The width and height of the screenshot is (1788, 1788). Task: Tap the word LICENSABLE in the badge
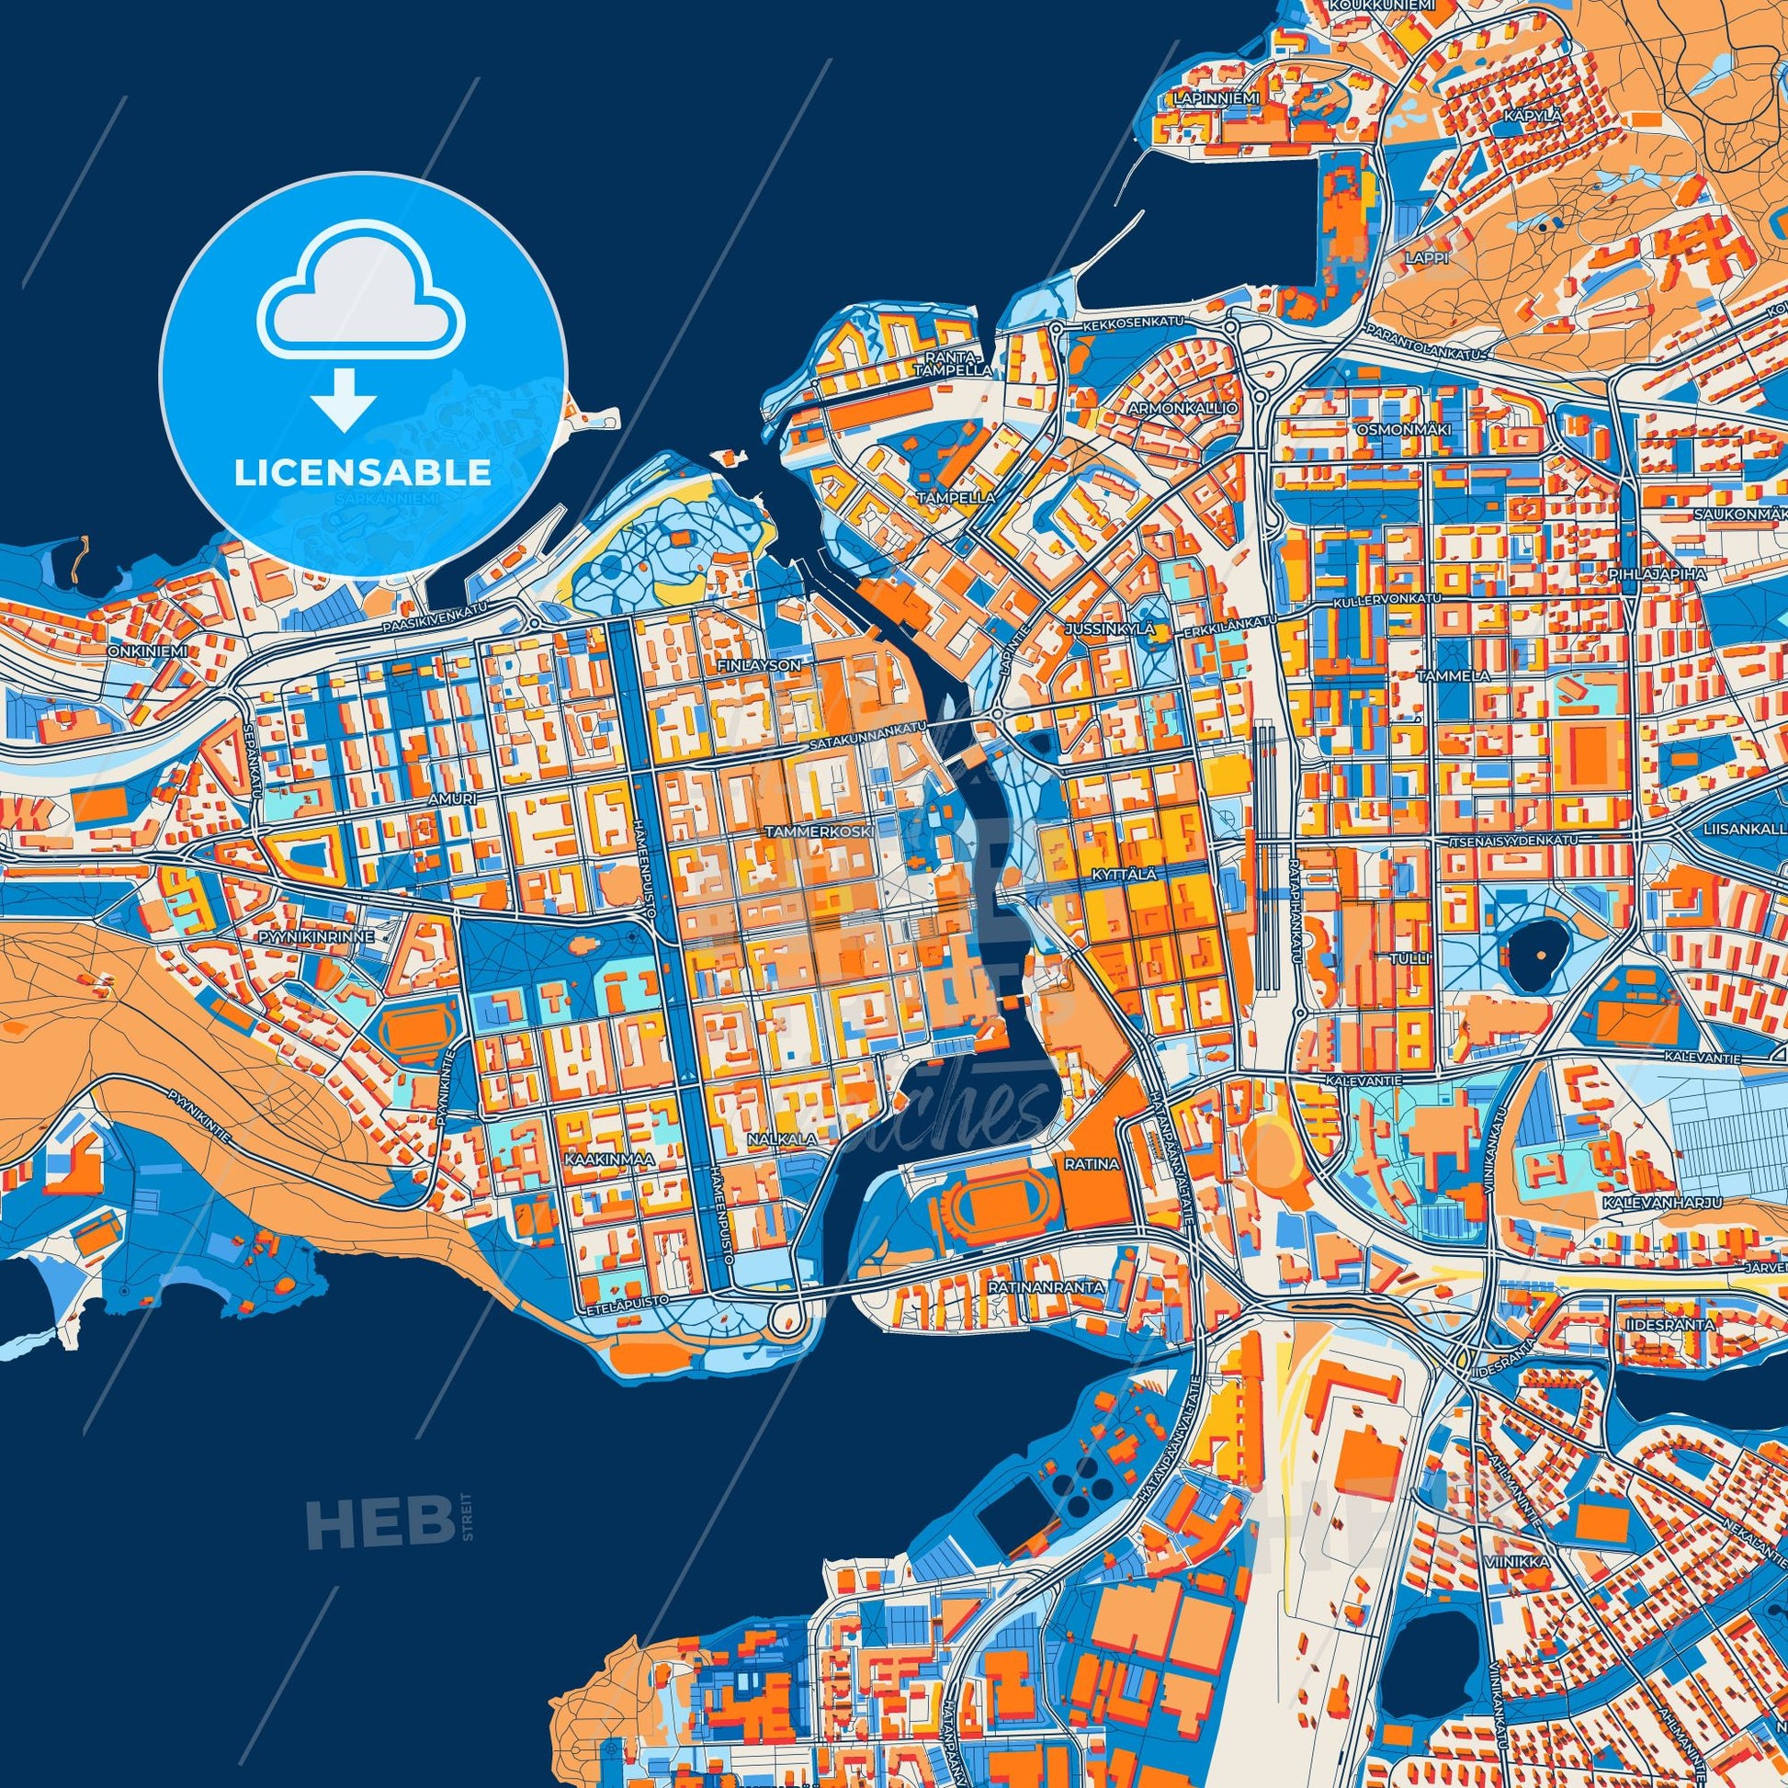tap(362, 473)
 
